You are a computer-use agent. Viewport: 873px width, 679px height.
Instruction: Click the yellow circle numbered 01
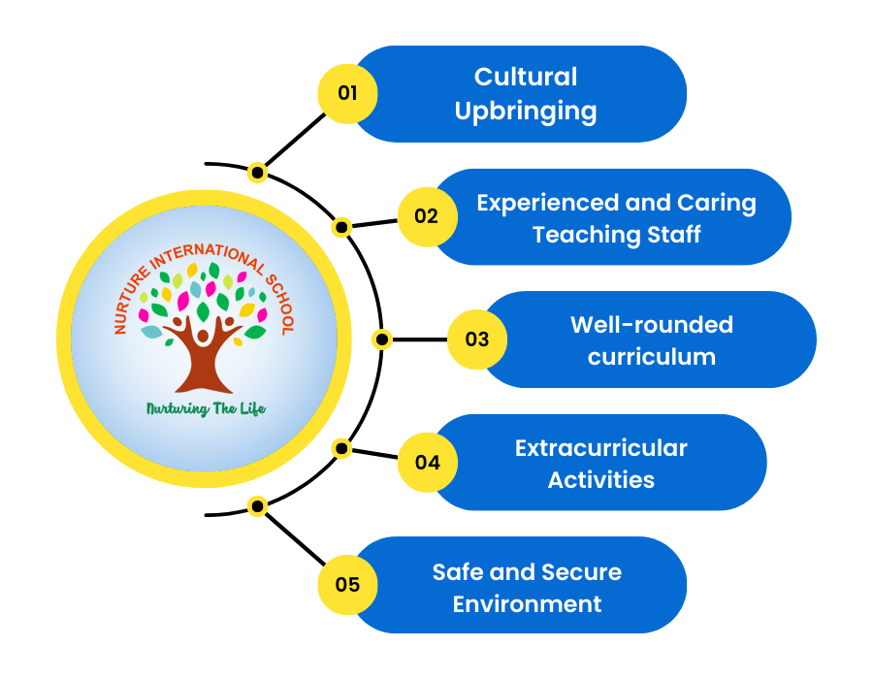pyautogui.click(x=347, y=93)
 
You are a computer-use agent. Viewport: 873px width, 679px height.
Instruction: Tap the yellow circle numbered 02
pyautogui.click(x=427, y=216)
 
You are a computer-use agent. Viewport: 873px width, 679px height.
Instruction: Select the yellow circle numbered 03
pyautogui.click(x=477, y=339)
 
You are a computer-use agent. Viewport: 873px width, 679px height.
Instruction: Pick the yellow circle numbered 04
pyautogui.click(x=427, y=463)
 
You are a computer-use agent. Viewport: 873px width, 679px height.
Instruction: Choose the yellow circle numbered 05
pyautogui.click(x=347, y=585)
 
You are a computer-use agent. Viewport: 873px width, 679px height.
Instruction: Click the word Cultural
pyautogui.click(x=526, y=77)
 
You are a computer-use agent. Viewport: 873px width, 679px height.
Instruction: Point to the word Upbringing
pyautogui.click(x=526, y=111)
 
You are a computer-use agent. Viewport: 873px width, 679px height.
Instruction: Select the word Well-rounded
pyautogui.click(x=651, y=325)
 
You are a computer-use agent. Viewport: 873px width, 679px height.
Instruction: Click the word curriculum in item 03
pyautogui.click(x=651, y=356)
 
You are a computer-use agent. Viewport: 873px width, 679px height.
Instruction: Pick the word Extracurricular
pyautogui.click(x=600, y=448)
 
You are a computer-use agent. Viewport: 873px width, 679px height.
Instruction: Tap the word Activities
pyautogui.click(x=600, y=479)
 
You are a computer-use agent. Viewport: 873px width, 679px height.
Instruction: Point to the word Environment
pyautogui.click(x=527, y=603)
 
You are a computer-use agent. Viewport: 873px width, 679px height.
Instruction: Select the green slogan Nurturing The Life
pyautogui.click(x=206, y=408)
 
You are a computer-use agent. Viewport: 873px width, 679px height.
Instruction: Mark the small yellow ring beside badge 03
pyautogui.click(x=382, y=339)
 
